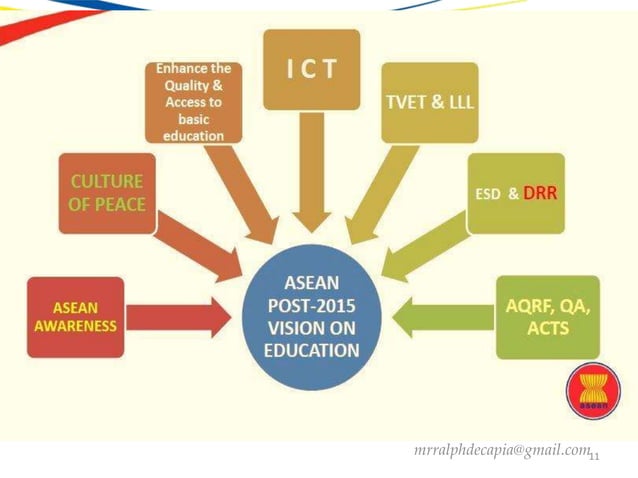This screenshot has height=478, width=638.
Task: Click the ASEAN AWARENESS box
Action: (76, 317)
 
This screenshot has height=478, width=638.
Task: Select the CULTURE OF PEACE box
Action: (107, 193)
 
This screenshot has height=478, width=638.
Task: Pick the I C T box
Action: (311, 69)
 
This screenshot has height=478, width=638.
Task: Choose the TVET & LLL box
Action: (431, 102)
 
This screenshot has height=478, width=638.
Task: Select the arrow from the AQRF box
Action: (440, 318)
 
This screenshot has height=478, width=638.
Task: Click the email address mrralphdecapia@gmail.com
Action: (501, 451)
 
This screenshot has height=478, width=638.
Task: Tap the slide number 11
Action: (594, 458)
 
